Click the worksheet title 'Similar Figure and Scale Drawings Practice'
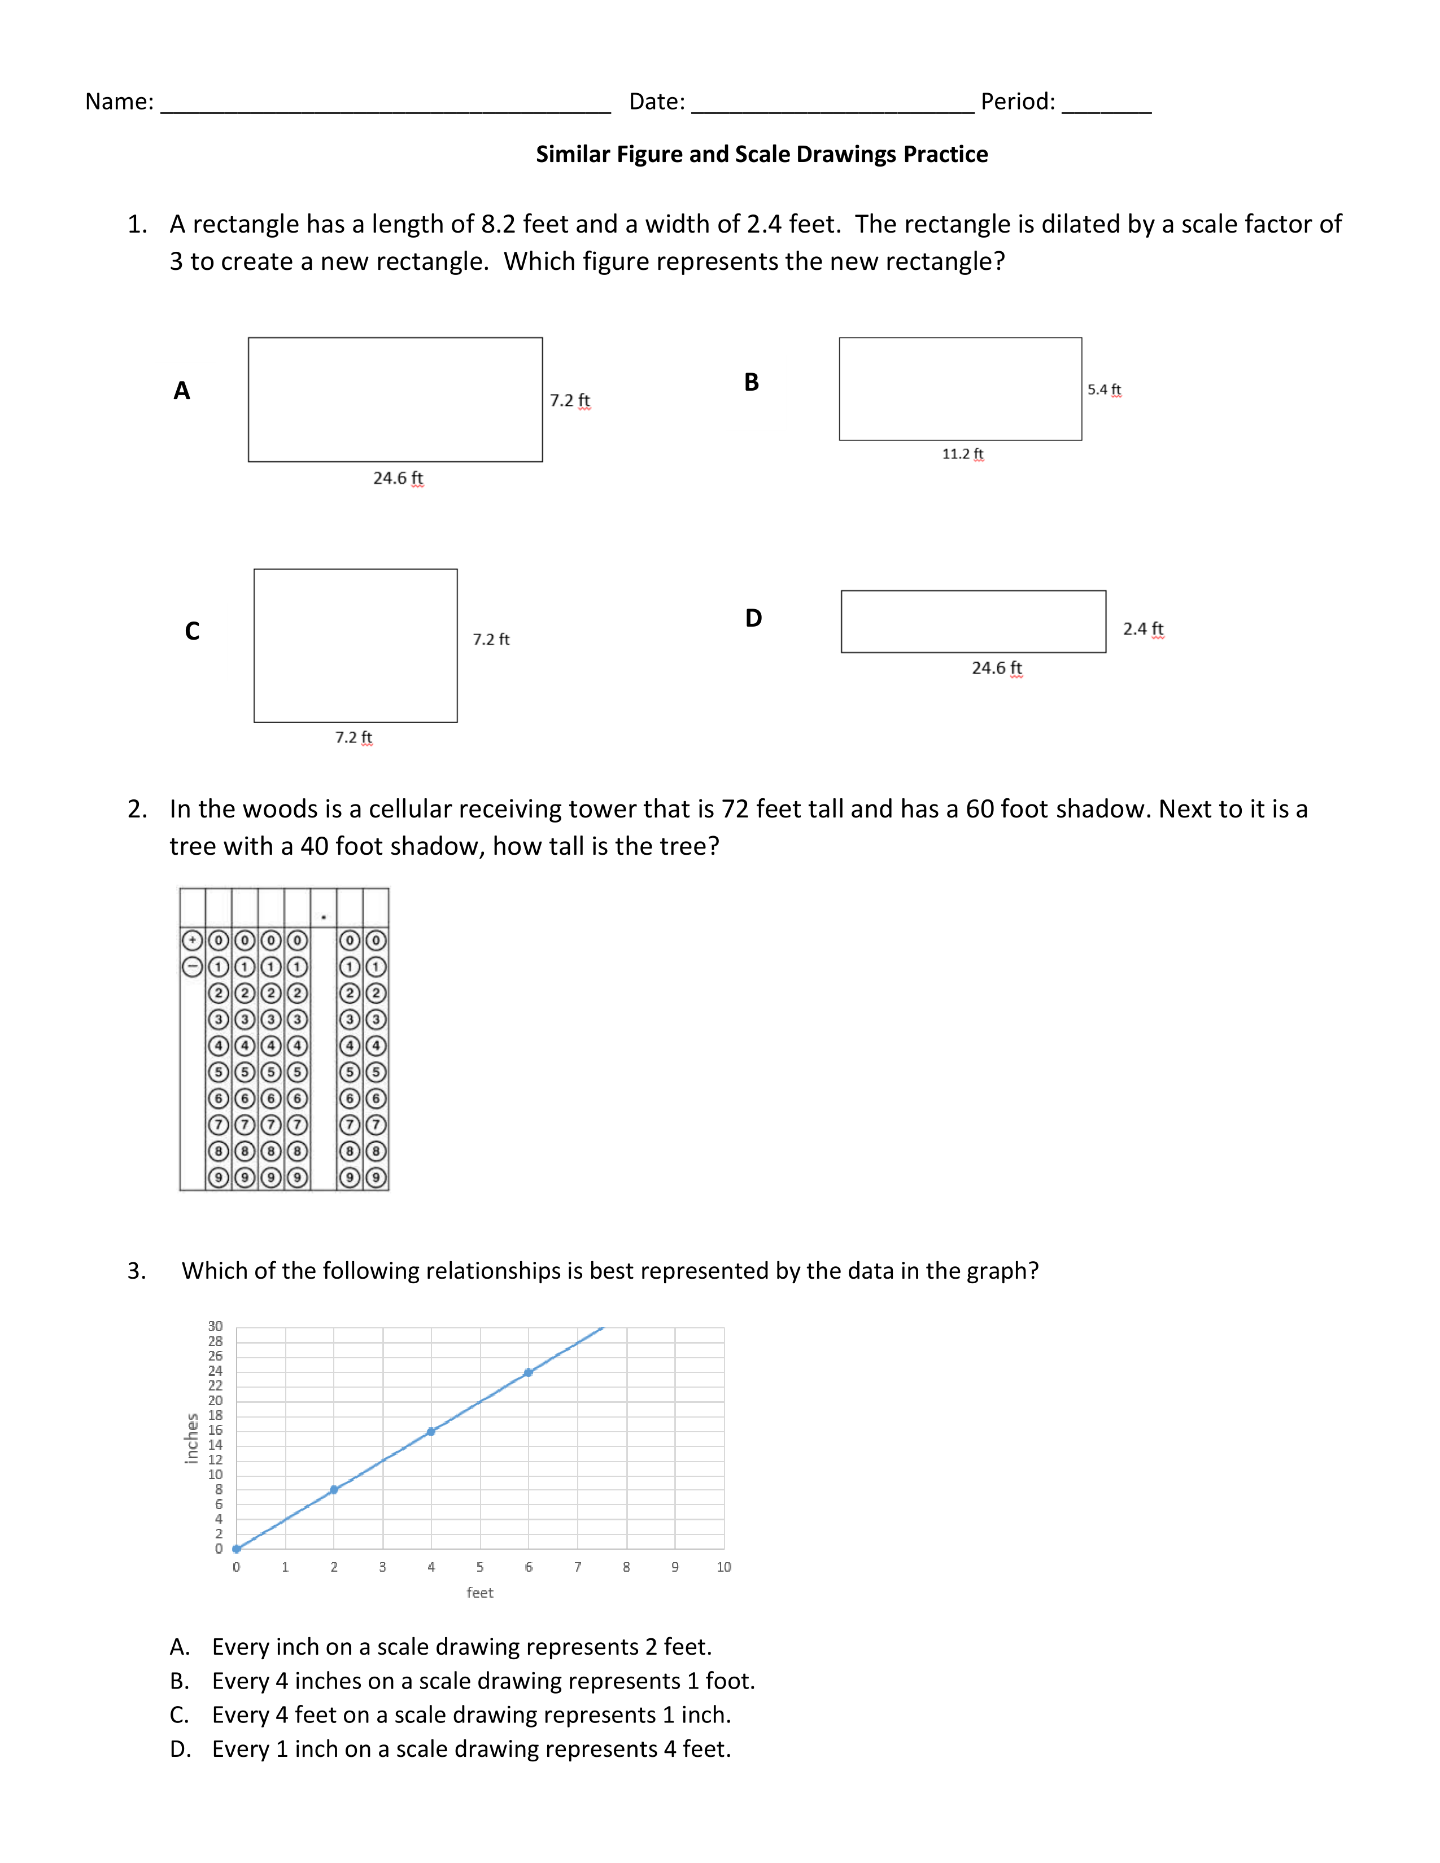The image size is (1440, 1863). click(761, 154)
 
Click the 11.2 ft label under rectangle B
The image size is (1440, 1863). click(962, 454)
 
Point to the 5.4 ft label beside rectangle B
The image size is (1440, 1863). click(1104, 390)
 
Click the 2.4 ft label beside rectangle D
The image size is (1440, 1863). click(1142, 629)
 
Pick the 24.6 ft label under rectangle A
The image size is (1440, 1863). click(398, 479)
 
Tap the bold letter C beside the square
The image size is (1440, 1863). click(192, 631)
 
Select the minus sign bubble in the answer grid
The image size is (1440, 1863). click(193, 967)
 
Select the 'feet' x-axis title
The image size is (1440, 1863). click(479, 1593)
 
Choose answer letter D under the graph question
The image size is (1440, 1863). click(180, 1750)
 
